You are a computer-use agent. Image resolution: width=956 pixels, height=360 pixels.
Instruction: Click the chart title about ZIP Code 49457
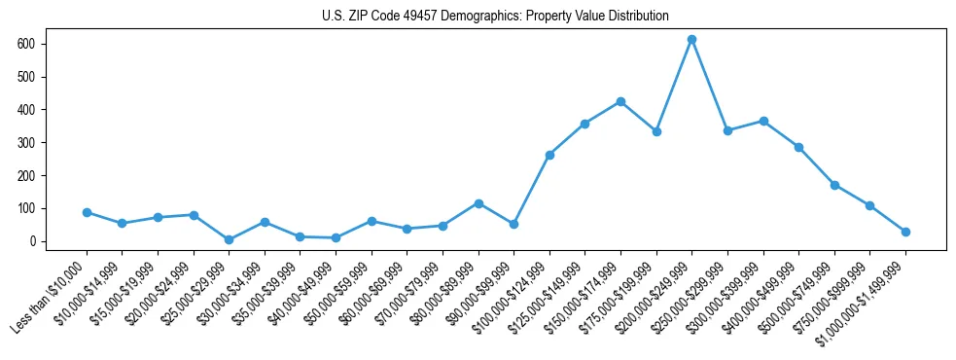pos(495,16)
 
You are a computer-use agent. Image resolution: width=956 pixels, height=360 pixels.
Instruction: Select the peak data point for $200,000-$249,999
pos(691,39)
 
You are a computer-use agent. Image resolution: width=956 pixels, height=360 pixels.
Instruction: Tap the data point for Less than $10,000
pos(87,212)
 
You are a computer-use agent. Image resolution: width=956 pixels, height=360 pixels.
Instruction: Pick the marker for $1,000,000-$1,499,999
pos(905,232)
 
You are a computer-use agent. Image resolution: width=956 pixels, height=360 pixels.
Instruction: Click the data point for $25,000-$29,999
pos(229,239)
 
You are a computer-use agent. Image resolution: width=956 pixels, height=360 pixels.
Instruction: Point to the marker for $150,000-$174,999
pos(620,101)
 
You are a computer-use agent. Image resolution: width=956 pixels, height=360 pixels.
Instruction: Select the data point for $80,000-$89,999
pos(478,203)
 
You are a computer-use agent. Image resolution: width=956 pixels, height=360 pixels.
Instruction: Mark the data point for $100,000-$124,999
pos(549,155)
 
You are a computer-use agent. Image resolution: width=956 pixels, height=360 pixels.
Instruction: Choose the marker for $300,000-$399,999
pos(763,121)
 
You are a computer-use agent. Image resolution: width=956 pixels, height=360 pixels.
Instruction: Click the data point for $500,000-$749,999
pos(834,185)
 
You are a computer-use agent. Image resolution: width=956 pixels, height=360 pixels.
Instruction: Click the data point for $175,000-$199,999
pos(656,131)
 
